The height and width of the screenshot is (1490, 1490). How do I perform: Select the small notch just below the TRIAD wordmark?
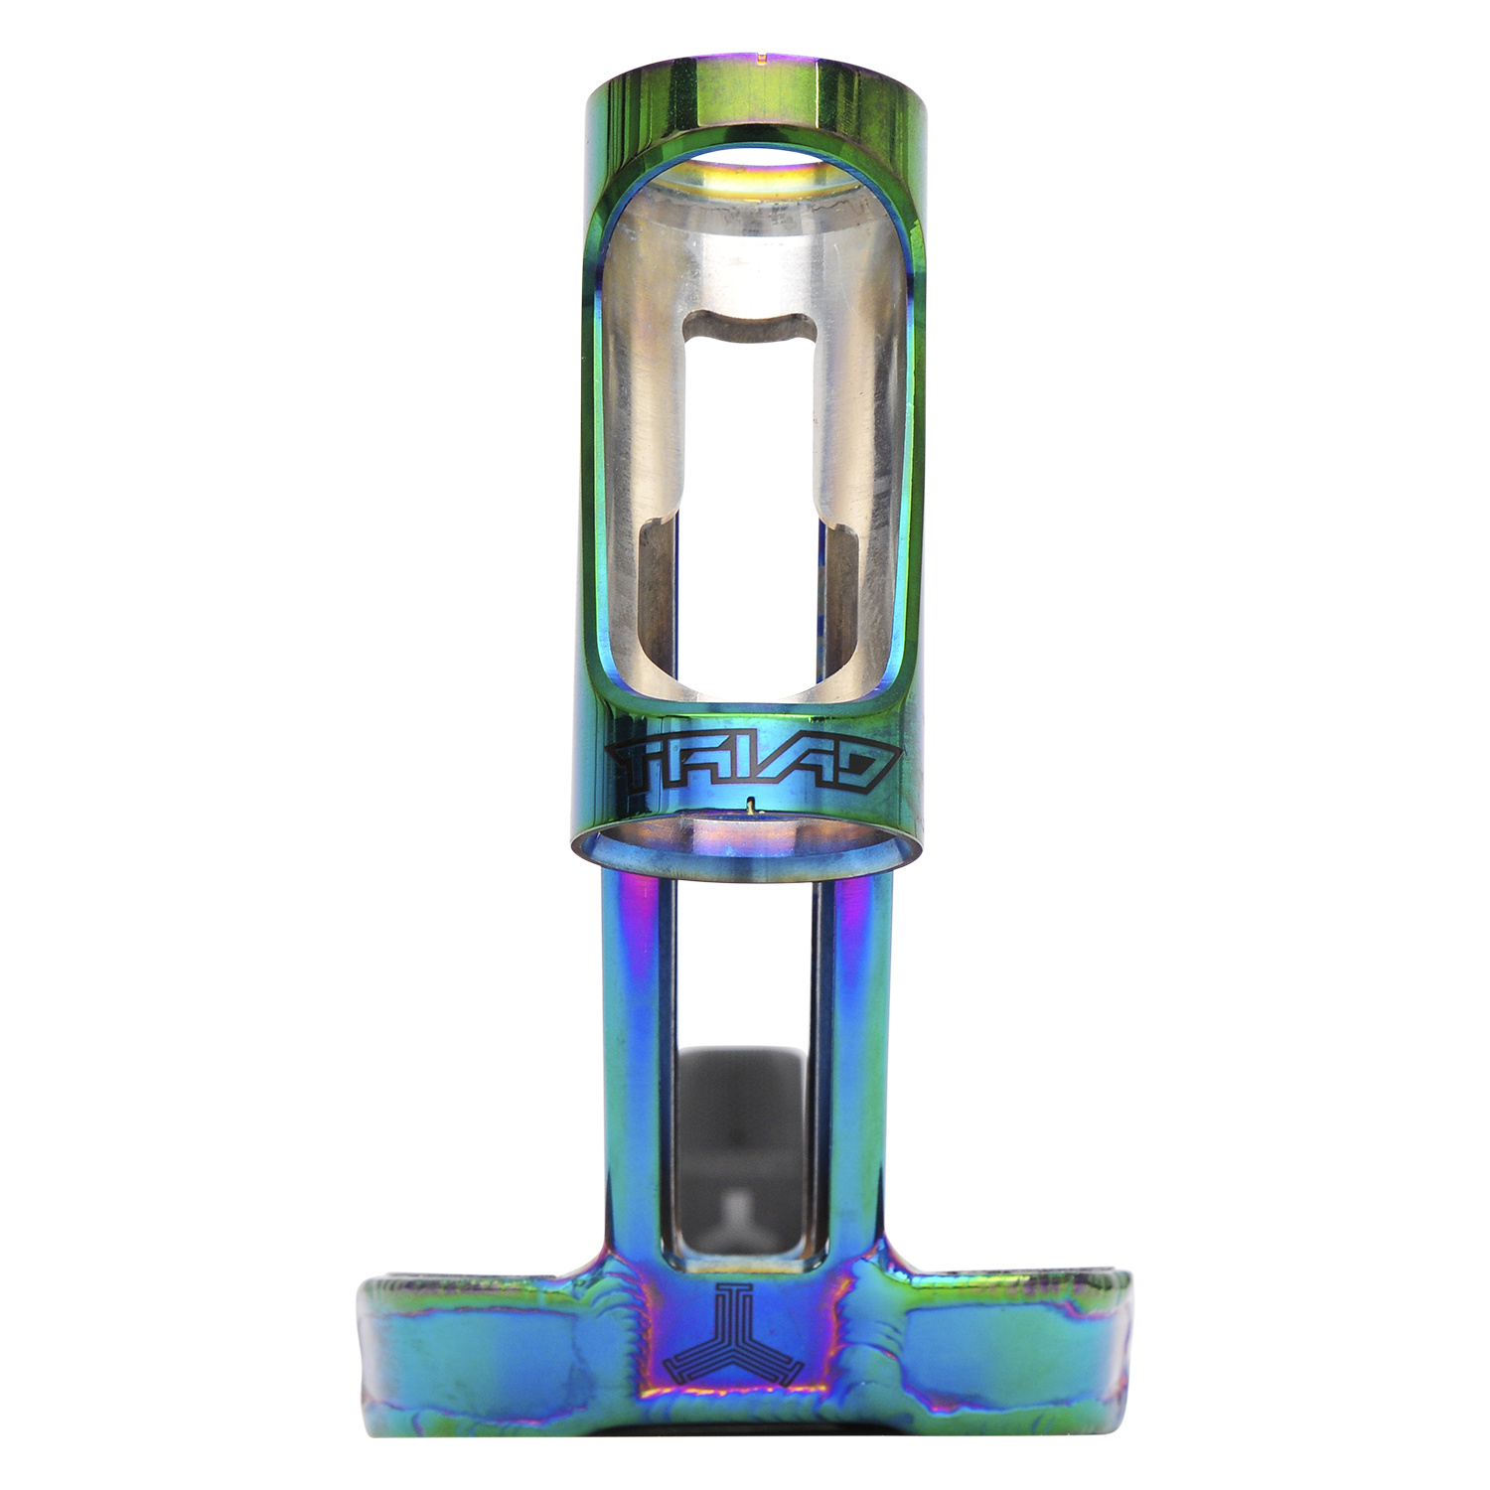[751, 805]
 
